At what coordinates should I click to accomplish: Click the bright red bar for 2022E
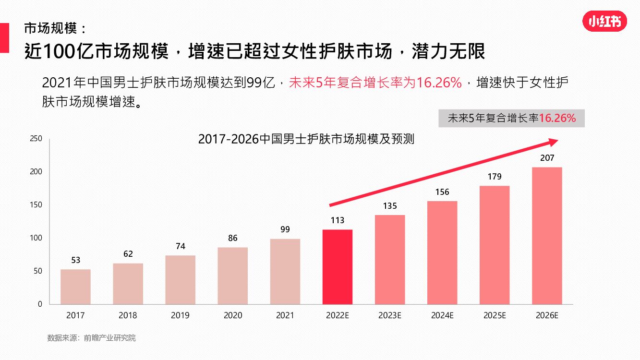tap(337, 266)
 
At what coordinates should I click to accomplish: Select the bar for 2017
tap(75, 287)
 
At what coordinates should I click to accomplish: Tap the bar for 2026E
tap(547, 235)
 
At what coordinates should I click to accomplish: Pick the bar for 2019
tap(180, 279)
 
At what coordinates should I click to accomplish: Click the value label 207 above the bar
tap(547, 157)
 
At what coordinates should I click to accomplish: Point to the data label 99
tap(285, 229)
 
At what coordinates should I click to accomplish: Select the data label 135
tap(390, 206)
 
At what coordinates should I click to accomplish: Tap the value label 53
tap(75, 260)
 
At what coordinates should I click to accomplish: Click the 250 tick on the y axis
tap(36, 139)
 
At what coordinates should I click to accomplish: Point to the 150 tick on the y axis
tap(36, 205)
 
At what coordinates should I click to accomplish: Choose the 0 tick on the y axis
tap(40, 304)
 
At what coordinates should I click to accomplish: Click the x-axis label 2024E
tap(442, 315)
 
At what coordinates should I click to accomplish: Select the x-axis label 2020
tap(233, 315)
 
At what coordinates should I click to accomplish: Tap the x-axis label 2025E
tap(495, 315)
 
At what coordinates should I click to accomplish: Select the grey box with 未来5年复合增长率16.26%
tap(511, 118)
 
